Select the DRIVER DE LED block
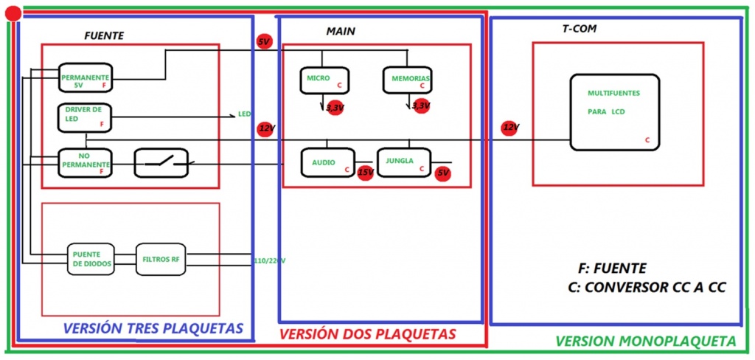(x=86, y=117)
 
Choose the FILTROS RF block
(x=160, y=259)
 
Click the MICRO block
(x=324, y=80)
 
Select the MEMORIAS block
(x=407, y=80)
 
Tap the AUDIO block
(x=327, y=162)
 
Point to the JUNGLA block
(x=404, y=162)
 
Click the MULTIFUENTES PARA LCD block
(x=614, y=111)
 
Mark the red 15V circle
(x=365, y=173)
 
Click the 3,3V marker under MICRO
(x=335, y=108)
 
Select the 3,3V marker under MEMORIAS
(x=421, y=106)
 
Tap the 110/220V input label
(x=269, y=260)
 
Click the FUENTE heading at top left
(x=104, y=35)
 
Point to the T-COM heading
(x=579, y=29)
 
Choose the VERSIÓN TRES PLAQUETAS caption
(x=153, y=328)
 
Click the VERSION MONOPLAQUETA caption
(x=645, y=342)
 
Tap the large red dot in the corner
(x=13, y=13)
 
